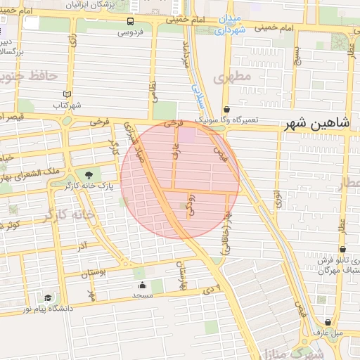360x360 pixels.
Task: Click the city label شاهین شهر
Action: click(317, 124)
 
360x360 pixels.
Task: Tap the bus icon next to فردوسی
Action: click(131, 22)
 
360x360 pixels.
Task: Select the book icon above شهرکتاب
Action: click(67, 94)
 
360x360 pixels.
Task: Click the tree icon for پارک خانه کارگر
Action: click(89, 175)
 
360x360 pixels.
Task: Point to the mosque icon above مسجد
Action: click(143, 285)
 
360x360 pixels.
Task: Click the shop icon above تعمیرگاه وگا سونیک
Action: click(227, 110)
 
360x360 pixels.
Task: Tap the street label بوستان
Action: click(97, 272)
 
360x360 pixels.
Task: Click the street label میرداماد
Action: click(186, 55)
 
